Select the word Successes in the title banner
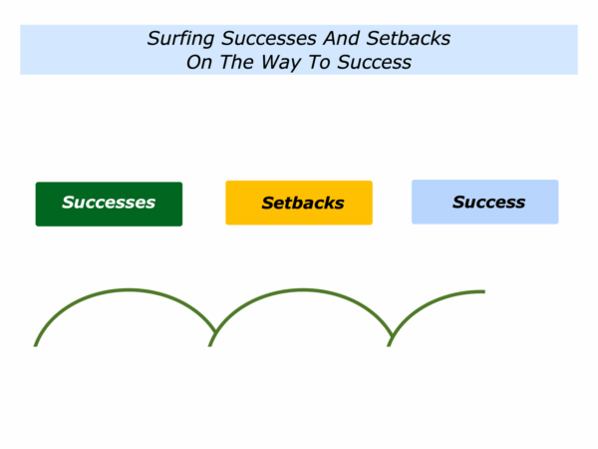269,39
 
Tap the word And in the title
341,39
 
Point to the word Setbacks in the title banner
408,39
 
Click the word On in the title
199,62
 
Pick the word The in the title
236,62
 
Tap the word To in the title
319,62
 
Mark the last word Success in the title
374,62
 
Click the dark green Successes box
109,204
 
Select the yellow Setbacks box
299,203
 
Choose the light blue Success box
485,202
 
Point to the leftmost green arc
129,290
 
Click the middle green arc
303,290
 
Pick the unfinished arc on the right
429,301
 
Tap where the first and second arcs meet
215,331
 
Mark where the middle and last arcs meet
392,335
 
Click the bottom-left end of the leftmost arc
36,346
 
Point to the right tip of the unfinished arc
484,291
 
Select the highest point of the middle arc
303,290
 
